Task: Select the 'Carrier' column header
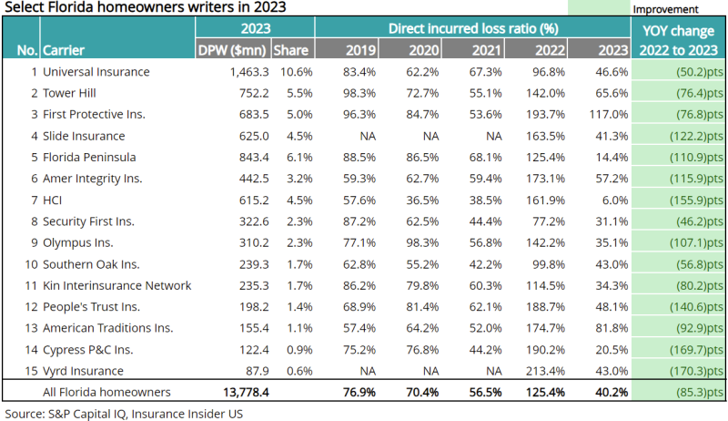[64, 50]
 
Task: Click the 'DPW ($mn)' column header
[233, 50]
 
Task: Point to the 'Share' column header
[291, 50]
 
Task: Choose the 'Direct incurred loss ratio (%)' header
[473, 28]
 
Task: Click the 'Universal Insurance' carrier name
[96, 71]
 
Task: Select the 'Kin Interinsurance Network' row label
[117, 285]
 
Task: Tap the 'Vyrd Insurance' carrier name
[85, 371]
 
